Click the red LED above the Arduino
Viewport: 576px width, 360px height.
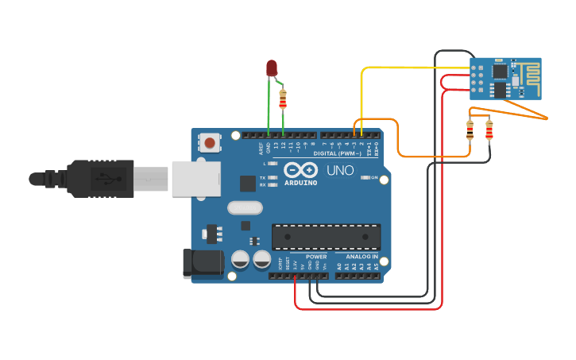point(272,68)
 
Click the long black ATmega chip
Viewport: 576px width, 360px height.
point(326,236)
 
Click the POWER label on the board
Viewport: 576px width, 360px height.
point(316,257)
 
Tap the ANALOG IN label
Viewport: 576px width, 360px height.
point(361,257)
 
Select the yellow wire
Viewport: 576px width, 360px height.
point(397,68)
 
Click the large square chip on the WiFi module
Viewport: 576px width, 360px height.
point(501,71)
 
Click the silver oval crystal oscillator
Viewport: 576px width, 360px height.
point(245,207)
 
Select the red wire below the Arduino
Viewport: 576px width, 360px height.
point(365,308)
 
